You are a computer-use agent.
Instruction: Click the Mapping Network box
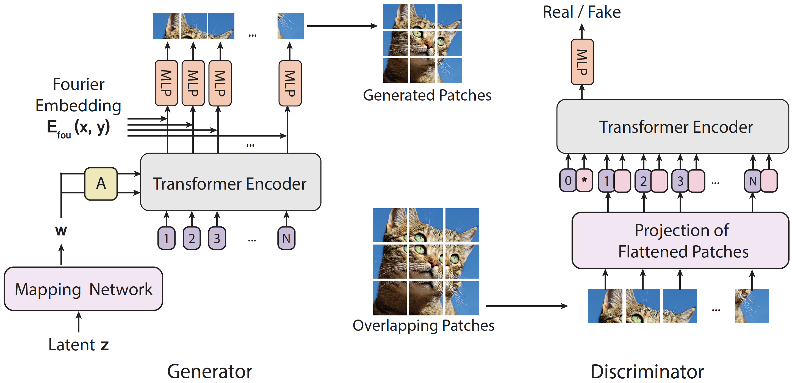click(83, 289)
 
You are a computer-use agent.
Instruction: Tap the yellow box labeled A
click(101, 184)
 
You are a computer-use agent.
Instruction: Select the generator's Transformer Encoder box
click(231, 182)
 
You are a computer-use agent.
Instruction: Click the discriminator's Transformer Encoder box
click(673, 126)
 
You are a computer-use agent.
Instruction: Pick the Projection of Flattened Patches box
click(680, 241)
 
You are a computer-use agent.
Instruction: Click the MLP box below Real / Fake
click(582, 62)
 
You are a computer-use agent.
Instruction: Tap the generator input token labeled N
click(286, 238)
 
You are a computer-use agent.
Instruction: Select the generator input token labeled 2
click(192, 238)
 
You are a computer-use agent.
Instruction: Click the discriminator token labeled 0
click(568, 181)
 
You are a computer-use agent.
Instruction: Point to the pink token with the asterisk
click(584, 181)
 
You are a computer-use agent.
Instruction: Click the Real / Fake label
click(581, 12)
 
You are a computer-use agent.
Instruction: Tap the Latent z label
click(79, 345)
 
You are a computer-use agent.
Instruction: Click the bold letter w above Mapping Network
click(61, 230)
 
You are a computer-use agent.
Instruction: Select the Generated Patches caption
click(427, 95)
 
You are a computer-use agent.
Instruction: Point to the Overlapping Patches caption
click(423, 326)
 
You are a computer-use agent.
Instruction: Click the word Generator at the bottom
click(210, 371)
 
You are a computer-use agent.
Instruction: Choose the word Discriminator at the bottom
click(647, 371)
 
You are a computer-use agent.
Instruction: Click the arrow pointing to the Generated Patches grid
click(342, 26)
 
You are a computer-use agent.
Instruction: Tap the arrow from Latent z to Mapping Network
click(79, 322)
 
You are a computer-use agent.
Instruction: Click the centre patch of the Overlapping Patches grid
click(426, 262)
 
